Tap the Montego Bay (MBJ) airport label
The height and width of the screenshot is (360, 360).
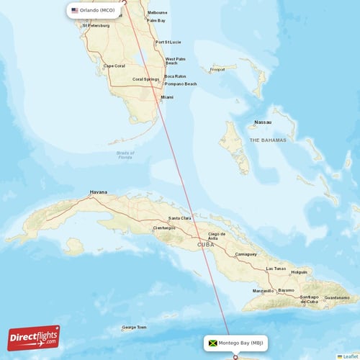pyautogui.click(x=241, y=343)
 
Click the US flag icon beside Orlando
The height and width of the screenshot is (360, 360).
pyautogui.click(x=75, y=11)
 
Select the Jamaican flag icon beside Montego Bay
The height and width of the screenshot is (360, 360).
pyautogui.click(x=212, y=343)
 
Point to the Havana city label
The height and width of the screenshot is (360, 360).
pyautogui.click(x=98, y=192)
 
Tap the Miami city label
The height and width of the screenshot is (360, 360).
pyautogui.click(x=167, y=96)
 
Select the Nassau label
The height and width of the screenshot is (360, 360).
pyautogui.click(x=264, y=122)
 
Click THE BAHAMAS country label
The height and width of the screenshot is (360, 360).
pyautogui.click(x=268, y=140)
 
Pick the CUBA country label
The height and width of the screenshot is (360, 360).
pyautogui.click(x=206, y=246)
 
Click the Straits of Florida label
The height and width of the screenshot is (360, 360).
pyautogui.click(x=125, y=155)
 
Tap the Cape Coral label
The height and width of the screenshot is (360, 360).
pyautogui.click(x=114, y=66)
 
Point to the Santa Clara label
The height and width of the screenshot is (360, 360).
pyautogui.click(x=179, y=218)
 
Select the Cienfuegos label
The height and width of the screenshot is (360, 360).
pyautogui.click(x=164, y=228)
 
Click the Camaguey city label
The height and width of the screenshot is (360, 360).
pyautogui.click(x=246, y=254)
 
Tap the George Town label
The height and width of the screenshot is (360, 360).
pyautogui.click(x=134, y=327)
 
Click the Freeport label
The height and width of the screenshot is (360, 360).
pyautogui.click(x=217, y=70)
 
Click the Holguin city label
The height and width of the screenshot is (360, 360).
pyautogui.click(x=299, y=272)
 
